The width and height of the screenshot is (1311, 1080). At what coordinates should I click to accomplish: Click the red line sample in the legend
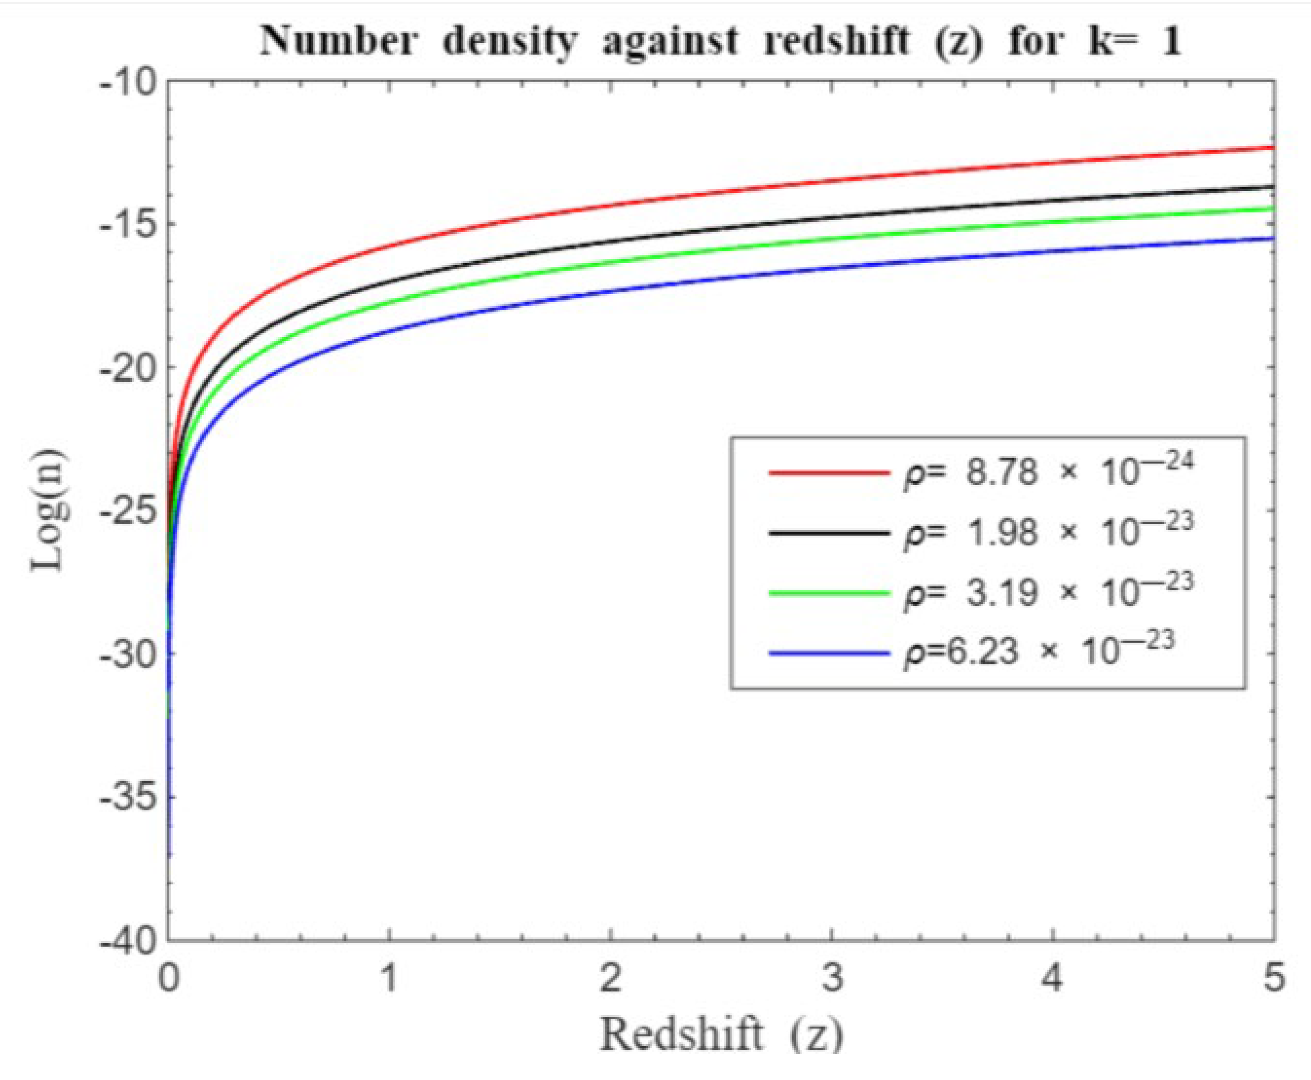(828, 473)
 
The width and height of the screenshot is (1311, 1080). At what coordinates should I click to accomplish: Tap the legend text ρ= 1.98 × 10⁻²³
(1049, 532)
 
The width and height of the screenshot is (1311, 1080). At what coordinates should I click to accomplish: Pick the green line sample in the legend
(828, 594)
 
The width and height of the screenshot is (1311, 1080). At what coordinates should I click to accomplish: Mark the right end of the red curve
(1272, 148)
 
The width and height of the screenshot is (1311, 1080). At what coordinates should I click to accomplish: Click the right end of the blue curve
(1272, 238)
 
